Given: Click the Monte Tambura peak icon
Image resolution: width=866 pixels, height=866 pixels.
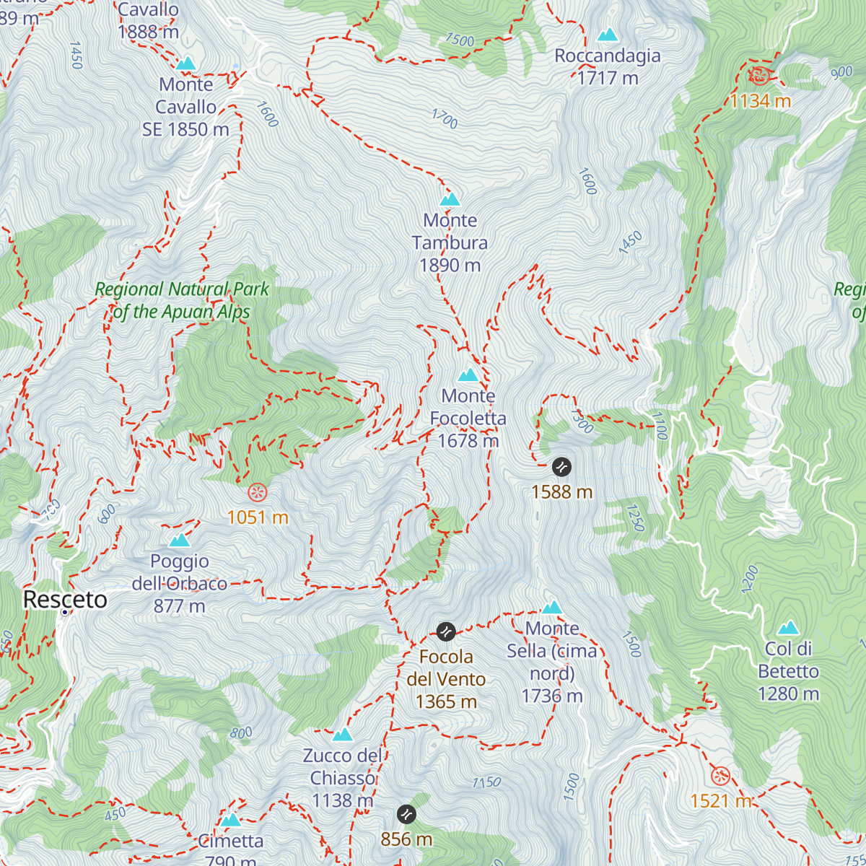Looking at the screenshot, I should (x=450, y=199).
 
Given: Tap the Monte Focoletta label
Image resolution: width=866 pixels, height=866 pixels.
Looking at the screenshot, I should (x=468, y=407).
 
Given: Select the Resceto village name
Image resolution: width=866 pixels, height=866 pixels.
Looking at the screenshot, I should (x=65, y=599).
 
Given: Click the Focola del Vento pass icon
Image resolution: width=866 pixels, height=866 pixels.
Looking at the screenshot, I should (x=446, y=631).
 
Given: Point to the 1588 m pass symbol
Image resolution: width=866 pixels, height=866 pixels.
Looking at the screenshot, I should (x=561, y=467).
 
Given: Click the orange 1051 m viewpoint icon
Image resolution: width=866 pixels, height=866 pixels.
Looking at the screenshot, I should (x=258, y=493).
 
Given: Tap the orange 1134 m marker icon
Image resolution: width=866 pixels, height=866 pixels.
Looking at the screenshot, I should (x=758, y=75).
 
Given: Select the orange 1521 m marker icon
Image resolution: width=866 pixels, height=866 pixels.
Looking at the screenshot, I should (x=720, y=776).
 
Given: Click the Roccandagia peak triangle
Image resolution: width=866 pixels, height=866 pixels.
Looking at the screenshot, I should (x=608, y=35).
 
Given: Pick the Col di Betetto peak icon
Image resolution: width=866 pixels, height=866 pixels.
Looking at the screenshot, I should (x=788, y=628).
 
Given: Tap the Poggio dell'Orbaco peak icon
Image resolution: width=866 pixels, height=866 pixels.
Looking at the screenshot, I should (x=180, y=540).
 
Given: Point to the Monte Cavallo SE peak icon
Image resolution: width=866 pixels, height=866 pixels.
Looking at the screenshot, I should (x=186, y=64).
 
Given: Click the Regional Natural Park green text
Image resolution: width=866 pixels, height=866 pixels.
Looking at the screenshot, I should (x=182, y=300).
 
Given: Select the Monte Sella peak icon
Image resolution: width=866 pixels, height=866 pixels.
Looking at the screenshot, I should (x=552, y=607).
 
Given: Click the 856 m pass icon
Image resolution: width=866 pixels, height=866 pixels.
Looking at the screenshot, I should (x=406, y=814).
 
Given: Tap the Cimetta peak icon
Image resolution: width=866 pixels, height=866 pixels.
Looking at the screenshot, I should (x=231, y=821).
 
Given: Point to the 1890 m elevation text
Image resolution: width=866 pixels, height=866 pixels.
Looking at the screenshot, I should (x=450, y=266).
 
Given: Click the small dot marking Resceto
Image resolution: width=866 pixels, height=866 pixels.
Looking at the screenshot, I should (x=65, y=613).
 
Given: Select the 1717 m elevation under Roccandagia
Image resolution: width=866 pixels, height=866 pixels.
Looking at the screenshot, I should (x=608, y=78).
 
